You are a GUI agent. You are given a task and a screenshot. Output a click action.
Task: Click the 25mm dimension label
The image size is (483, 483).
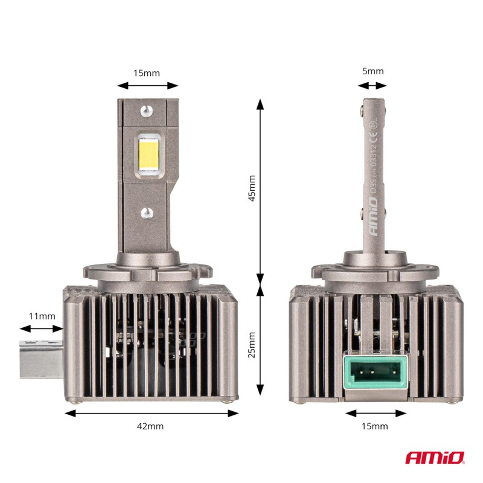point(252,345)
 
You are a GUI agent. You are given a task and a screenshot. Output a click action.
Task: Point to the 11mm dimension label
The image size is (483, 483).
point(42,316)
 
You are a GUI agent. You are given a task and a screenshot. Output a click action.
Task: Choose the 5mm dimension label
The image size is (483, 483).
point(373,71)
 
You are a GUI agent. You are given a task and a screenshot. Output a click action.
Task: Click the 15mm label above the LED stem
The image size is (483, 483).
point(147,73)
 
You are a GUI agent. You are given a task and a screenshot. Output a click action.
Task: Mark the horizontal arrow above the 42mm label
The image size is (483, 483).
point(152,413)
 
